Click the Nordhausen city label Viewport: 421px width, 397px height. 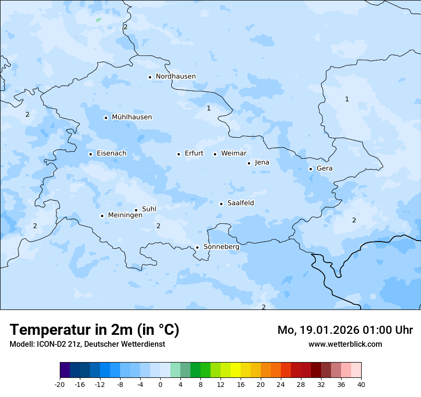point(176,77)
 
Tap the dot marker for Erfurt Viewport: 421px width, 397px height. point(178,154)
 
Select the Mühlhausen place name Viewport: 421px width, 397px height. point(132,117)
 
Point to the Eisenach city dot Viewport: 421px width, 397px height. point(90,154)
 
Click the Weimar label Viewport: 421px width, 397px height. point(233,154)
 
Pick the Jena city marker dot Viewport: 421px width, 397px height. point(249,163)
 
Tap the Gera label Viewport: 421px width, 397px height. point(324,168)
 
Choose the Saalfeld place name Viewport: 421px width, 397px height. point(241,203)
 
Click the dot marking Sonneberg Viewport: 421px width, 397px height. point(197,247)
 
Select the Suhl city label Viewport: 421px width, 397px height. point(149,209)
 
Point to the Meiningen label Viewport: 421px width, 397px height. point(125,215)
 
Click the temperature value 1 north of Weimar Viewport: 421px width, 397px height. point(209,109)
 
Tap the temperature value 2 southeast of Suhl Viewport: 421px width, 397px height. point(158,226)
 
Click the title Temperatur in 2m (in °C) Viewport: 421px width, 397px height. point(94,330)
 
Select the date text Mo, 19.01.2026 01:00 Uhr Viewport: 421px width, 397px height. point(345,330)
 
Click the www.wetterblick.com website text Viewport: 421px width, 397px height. point(345,344)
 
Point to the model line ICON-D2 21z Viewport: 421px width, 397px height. point(87,344)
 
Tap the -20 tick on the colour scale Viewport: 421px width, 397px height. point(60,384)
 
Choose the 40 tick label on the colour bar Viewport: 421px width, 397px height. point(361,384)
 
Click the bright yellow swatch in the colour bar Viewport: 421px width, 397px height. point(235,370)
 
